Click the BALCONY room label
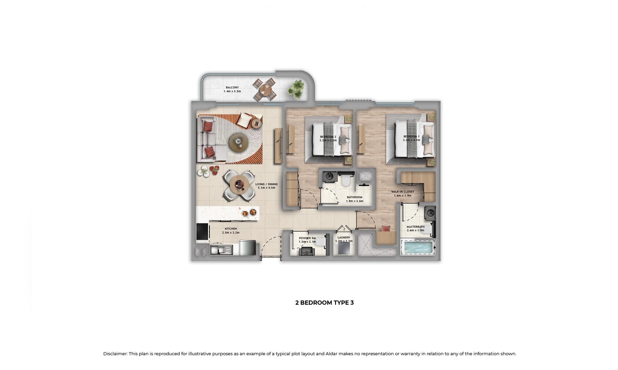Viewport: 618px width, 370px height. tap(232, 87)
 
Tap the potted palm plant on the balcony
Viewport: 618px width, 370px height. tap(296, 88)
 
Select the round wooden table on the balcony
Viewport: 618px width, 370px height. tap(265, 89)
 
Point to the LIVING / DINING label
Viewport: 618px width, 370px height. tap(266, 184)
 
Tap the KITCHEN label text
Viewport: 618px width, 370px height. tap(231, 229)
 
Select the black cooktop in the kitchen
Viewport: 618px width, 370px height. tap(202, 232)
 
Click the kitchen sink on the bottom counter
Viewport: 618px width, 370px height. tap(221, 250)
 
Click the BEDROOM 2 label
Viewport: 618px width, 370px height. tap(328, 137)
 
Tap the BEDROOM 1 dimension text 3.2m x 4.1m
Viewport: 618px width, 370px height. tap(411, 140)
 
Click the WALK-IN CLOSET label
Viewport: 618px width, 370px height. tap(403, 192)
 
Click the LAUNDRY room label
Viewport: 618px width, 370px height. tap(344, 237)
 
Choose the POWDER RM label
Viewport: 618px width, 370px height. tap(307, 238)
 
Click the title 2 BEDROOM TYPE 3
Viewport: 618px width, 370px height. tap(324, 303)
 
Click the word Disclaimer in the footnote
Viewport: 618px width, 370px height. tap(115, 354)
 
